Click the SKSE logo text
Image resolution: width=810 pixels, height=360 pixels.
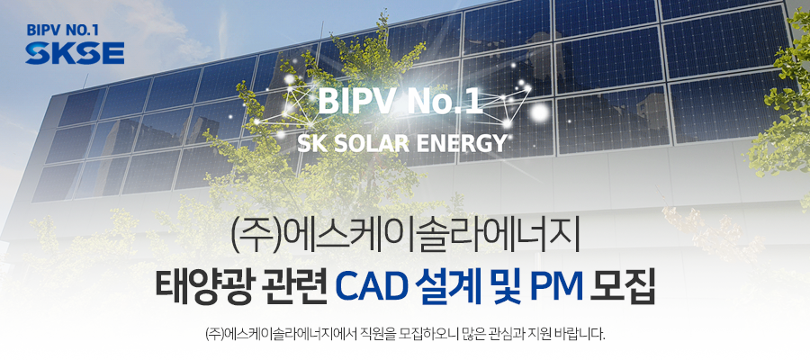(75, 53)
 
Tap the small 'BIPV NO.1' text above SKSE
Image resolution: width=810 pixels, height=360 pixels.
(62, 31)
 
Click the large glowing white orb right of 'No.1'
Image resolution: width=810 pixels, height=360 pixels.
(540, 111)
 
